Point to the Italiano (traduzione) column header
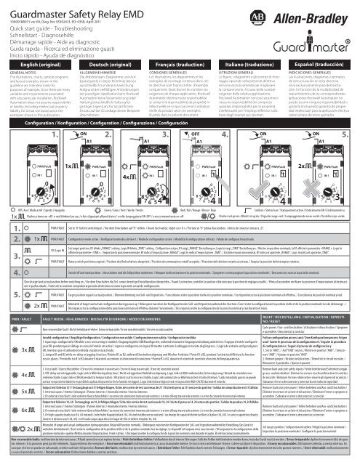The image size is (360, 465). point(252,64)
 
